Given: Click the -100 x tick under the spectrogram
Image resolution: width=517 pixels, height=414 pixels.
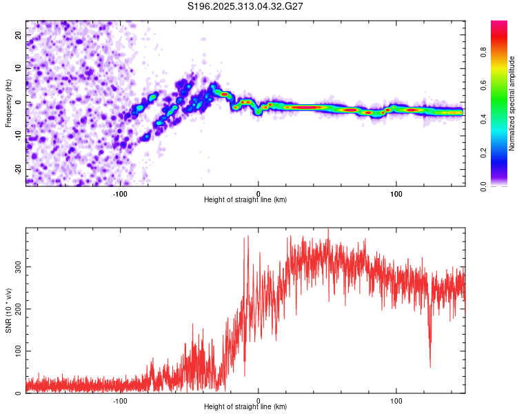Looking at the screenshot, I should click(x=121, y=193).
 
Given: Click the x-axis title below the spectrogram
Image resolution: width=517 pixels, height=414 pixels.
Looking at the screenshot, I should click(x=245, y=200).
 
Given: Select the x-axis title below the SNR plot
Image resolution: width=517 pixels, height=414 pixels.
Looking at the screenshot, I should click(x=245, y=407).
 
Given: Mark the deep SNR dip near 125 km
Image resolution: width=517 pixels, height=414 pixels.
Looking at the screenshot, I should click(x=430, y=366).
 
